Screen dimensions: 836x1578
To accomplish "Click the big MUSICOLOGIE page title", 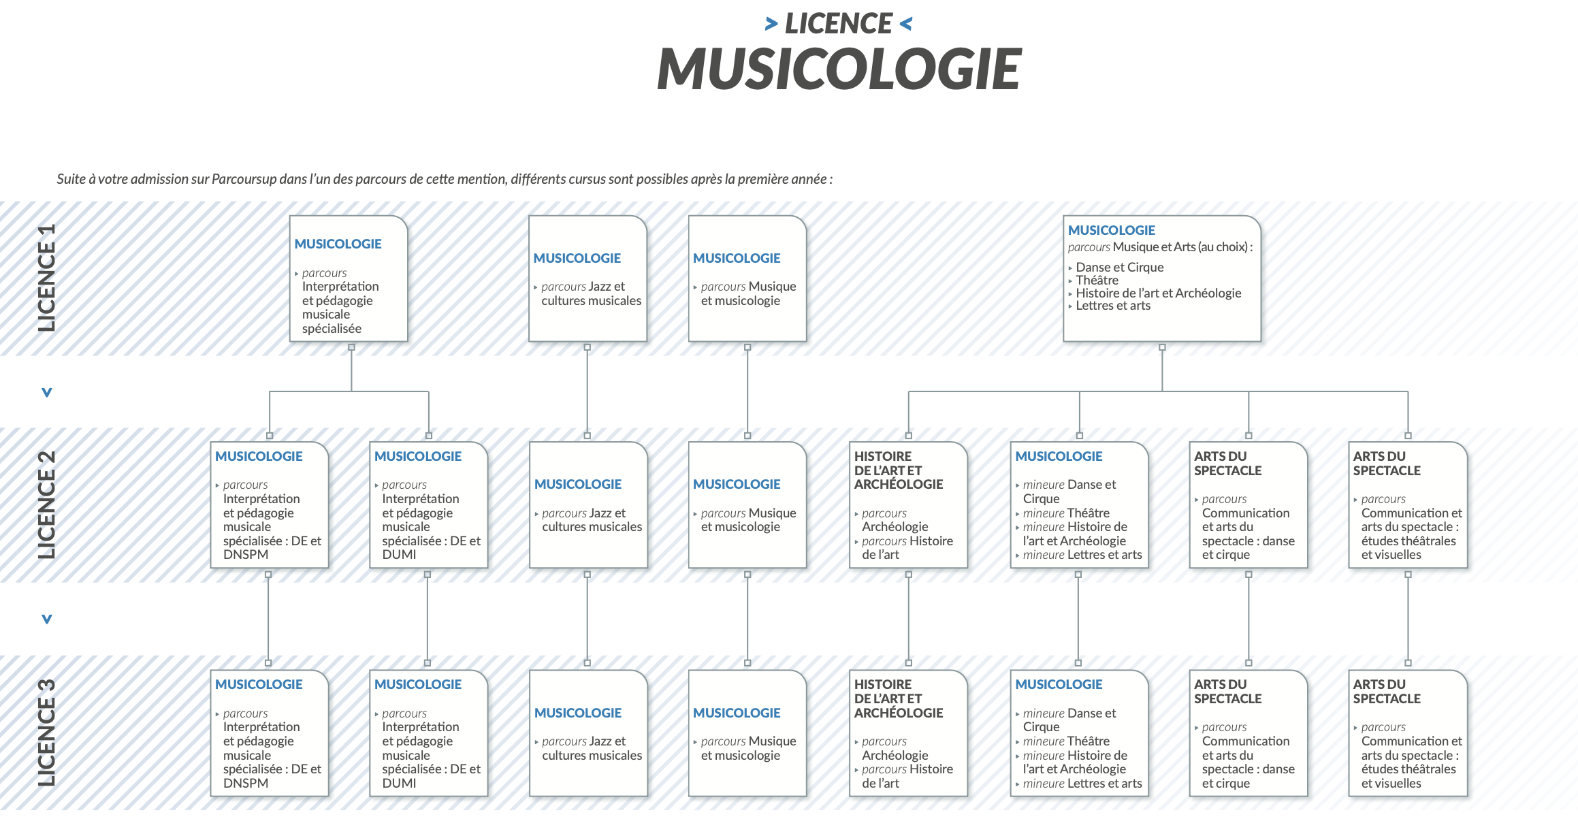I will tap(839, 69).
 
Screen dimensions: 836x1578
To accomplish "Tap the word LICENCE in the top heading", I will tap(838, 24).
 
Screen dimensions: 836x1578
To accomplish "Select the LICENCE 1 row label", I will tap(46, 278).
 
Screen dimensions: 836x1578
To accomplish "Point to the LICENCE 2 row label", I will tap(46, 504).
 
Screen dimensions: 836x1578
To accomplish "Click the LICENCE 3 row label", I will tap(46, 733).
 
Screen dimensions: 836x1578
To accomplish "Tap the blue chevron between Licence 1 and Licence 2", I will tap(46, 392).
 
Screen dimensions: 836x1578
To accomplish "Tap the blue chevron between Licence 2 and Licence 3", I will tap(46, 619).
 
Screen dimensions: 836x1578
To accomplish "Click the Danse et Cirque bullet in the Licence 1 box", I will tap(1119, 268).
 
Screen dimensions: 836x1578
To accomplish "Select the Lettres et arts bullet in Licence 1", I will tap(1112, 306).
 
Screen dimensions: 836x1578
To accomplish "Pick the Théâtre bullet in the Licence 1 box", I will tap(1097, 280).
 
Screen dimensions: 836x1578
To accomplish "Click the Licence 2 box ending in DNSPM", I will tap(270, 505).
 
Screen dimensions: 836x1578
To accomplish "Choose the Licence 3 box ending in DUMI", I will tap(429, 733).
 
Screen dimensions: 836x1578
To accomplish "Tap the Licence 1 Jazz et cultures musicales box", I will tap(587, 279).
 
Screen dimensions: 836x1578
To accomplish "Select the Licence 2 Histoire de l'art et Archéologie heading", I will tap(898, 470).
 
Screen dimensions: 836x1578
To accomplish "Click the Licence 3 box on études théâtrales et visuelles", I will tap(1408, 733).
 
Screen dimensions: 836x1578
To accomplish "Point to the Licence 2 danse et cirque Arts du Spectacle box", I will tap(1249, 505).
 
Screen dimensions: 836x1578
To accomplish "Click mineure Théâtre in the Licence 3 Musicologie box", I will tap(1066, 741).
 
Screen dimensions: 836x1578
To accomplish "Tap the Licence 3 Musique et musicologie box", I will tap(747, 733).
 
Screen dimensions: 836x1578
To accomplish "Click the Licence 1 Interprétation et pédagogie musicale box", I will tap(349, 279).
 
